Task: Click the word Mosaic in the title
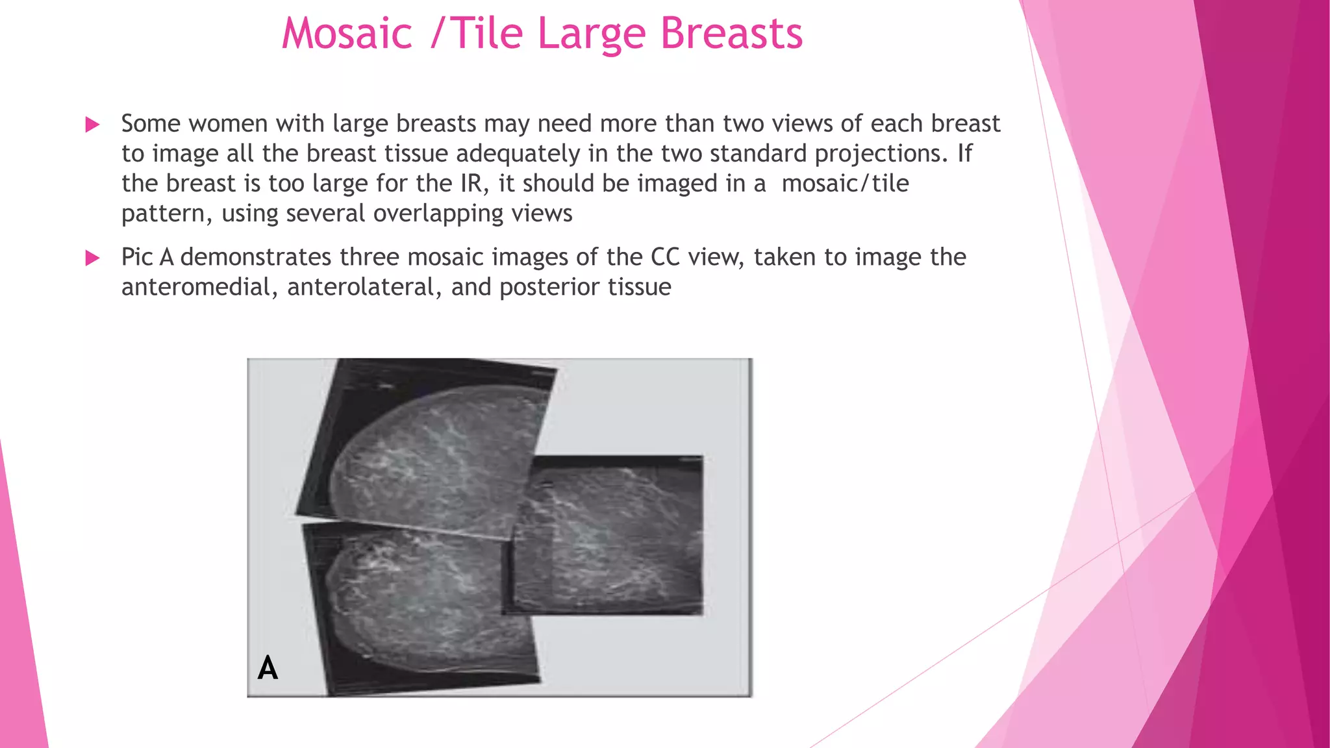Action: [347, 33]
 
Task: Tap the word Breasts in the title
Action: [731, 33]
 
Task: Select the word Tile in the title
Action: [486, 33]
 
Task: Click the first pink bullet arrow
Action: [93, 125]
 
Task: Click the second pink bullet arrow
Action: [93, 258]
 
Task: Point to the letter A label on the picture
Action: [268, 667]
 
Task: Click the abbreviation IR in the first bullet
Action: [474, 184]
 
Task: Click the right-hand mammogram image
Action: [610, 536]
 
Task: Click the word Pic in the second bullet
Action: [137, 258]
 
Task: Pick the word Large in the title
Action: [592, 33]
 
